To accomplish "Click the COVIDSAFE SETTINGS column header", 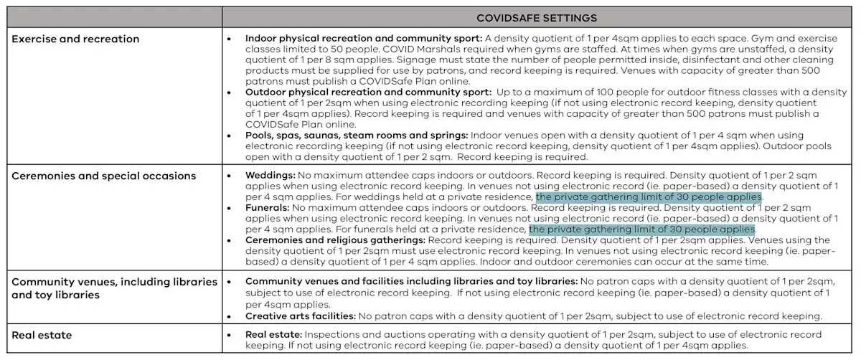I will click(537, 17).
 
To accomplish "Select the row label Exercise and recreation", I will click(75, 38).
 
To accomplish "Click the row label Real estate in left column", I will click(42, 335).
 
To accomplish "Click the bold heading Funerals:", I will click(268, 208).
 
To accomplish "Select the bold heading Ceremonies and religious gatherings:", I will click(335, 240).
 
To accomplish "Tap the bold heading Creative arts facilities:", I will click(300, 316).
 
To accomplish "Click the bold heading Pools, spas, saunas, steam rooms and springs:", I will click(357, 135).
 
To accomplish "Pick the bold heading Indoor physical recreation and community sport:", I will click(364, 37).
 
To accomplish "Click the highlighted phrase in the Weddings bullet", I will click(649, 196).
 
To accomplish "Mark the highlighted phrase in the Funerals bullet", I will click(642, 229).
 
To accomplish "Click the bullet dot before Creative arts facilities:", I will click(228, 316).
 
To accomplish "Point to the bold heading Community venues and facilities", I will click(411, 282).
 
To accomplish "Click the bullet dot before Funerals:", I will click(228, 208).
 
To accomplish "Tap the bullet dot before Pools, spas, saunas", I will click(228, 136).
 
